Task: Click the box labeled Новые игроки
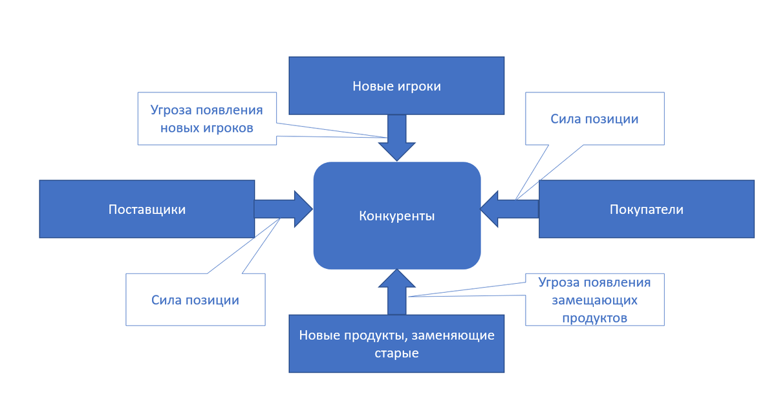pyautogui.click(x=396, y=85)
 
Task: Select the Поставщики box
pyautogui.click(x=147, y=209)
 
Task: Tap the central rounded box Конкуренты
pyautogui.click(x=397, y=216)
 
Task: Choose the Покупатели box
pyautogui.click(x=646, y=209)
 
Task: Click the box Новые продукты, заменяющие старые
pyautogui.click(x=396, y=343)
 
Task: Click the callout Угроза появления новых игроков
pyautogui.click(x=206, y=118)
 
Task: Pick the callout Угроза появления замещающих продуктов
pyautogui.click(x=594, y=299)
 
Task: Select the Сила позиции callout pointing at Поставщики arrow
pyautogui.click(x=195, y=300)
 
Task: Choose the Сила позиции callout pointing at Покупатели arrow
pyautogui.click(x=594, y=119)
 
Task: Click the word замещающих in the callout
pyautogui.click(x=594, y=301)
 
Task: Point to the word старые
pyautogui.click(x=396, y=354)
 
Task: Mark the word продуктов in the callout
pyautogui.click(x=594, y=318)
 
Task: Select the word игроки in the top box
pyautogui.click(x=419, y=86)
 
